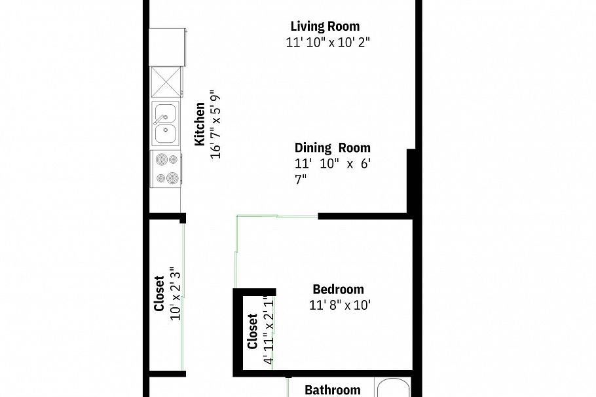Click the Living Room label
coord(325,27)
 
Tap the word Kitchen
coord(200,124)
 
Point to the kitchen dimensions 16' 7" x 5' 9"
coord(216,124)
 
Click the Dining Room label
coord(332,148)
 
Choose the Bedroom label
coord(338,290)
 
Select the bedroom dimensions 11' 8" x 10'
coord(340,305)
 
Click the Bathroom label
coord(332,390)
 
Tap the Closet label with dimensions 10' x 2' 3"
coord(159,293)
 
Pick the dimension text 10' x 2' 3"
coord(175,293)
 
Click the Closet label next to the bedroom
coord(252,332)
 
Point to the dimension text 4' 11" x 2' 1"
coord(267,331)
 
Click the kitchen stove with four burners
coord(165,168)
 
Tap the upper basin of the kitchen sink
coord(165,112)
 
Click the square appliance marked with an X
coord(165,83)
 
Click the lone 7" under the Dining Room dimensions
coord(301,180)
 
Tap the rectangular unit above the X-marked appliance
coord(168,47)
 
